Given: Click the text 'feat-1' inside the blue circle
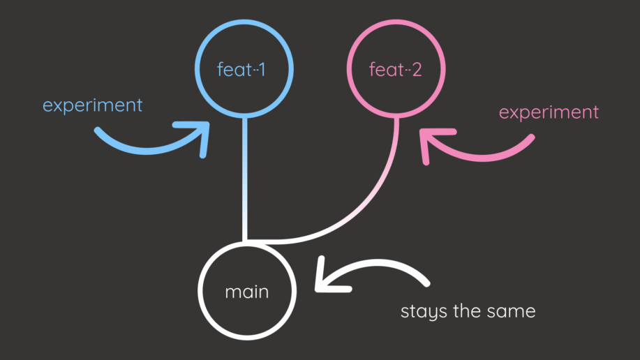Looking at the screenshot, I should coord(241,70).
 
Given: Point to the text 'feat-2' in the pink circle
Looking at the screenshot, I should coord(395,70).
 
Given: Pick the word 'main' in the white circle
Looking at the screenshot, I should coord(246,291).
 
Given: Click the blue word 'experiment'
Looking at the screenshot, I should coord(92,105).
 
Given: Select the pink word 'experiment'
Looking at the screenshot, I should coord(549,112).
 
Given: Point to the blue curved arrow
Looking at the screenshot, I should coord(140,142).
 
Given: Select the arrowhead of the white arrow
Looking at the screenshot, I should coord(326,276).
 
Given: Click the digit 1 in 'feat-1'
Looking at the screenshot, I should coord(261,70).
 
